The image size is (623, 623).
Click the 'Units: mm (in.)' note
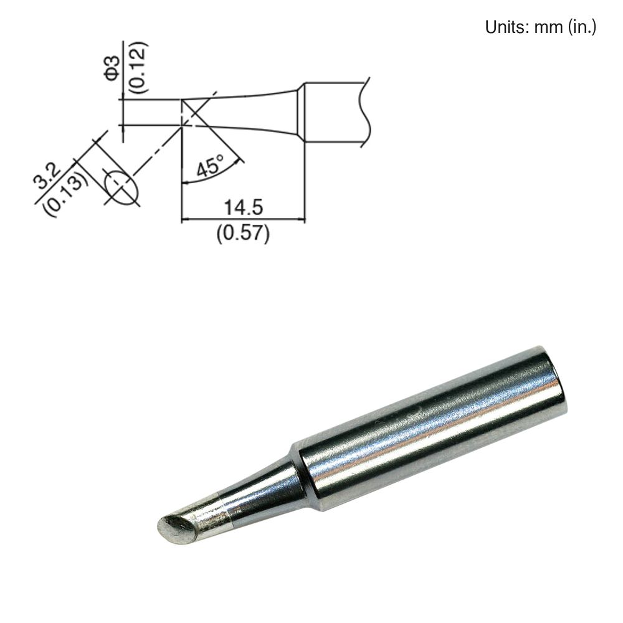pyautogui.click(x=540, y=27)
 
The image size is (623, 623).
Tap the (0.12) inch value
pyautogui.click(x=139, y=67)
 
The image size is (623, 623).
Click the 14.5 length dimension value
pyautogui.click(x=244, y=207)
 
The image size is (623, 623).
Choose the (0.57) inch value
pyautogui.click(x=243, y=232)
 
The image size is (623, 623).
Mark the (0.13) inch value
pyautogui.click(x=66, y=194)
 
